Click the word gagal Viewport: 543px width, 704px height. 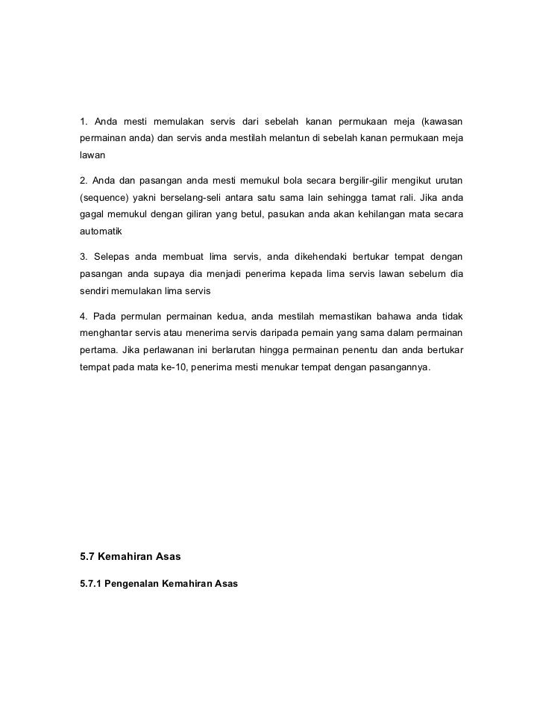pos(92,216)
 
